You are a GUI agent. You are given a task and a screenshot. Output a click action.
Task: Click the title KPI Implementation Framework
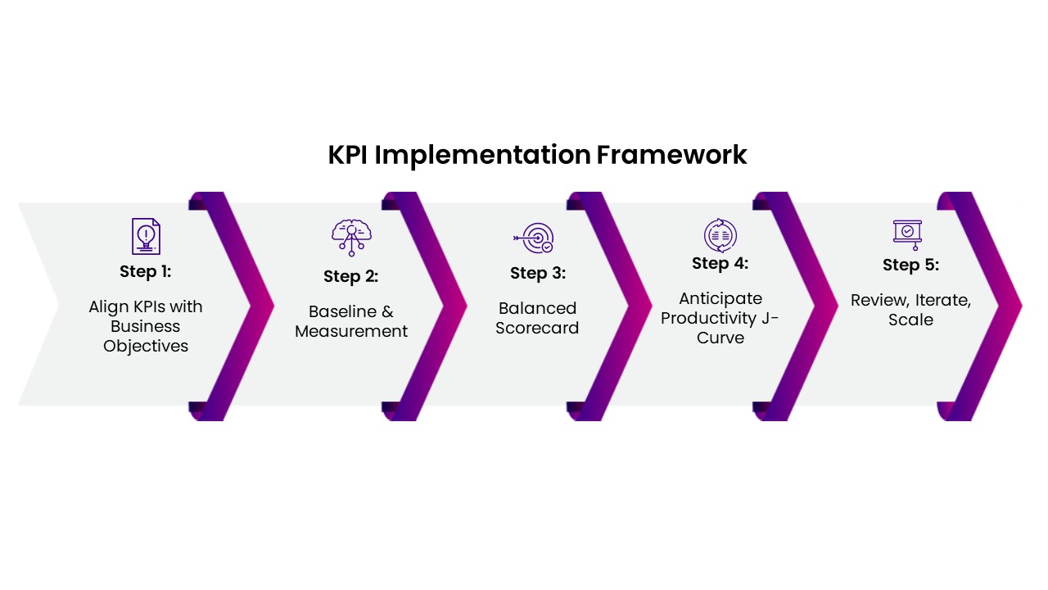(x=537, y=155)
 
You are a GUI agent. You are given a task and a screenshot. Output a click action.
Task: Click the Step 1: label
(x=146, y=271)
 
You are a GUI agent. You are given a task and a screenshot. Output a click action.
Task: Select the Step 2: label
(x=350, y=276)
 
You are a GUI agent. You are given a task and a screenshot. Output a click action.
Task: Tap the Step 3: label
(x=537, y=273)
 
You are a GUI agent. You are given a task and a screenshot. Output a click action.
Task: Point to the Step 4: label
(x=720, y=263)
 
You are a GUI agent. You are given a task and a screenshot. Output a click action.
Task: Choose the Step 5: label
(x=910, y=265)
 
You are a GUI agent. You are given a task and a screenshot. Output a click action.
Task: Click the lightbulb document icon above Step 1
(x=146, y=236)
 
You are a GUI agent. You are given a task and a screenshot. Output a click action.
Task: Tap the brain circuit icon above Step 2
(x=351, y=238)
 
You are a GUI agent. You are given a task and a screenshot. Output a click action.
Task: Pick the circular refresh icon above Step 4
(x=720, y=235)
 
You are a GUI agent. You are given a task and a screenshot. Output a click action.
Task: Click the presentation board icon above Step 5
(x=907, y=234)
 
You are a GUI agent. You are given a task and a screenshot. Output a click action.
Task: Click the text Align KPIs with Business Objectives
(x=146, y=326)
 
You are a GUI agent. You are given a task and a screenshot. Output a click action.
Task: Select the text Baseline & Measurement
(x=351, y=321)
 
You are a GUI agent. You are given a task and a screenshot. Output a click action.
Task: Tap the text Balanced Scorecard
(x=537, y=318)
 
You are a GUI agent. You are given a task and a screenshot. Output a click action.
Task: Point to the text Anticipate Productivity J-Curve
(x=720, y=318)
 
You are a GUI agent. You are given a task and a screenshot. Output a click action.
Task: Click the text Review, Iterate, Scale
(x=910, y=310)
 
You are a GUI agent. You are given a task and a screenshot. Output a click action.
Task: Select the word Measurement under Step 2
(x=351, y=331)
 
